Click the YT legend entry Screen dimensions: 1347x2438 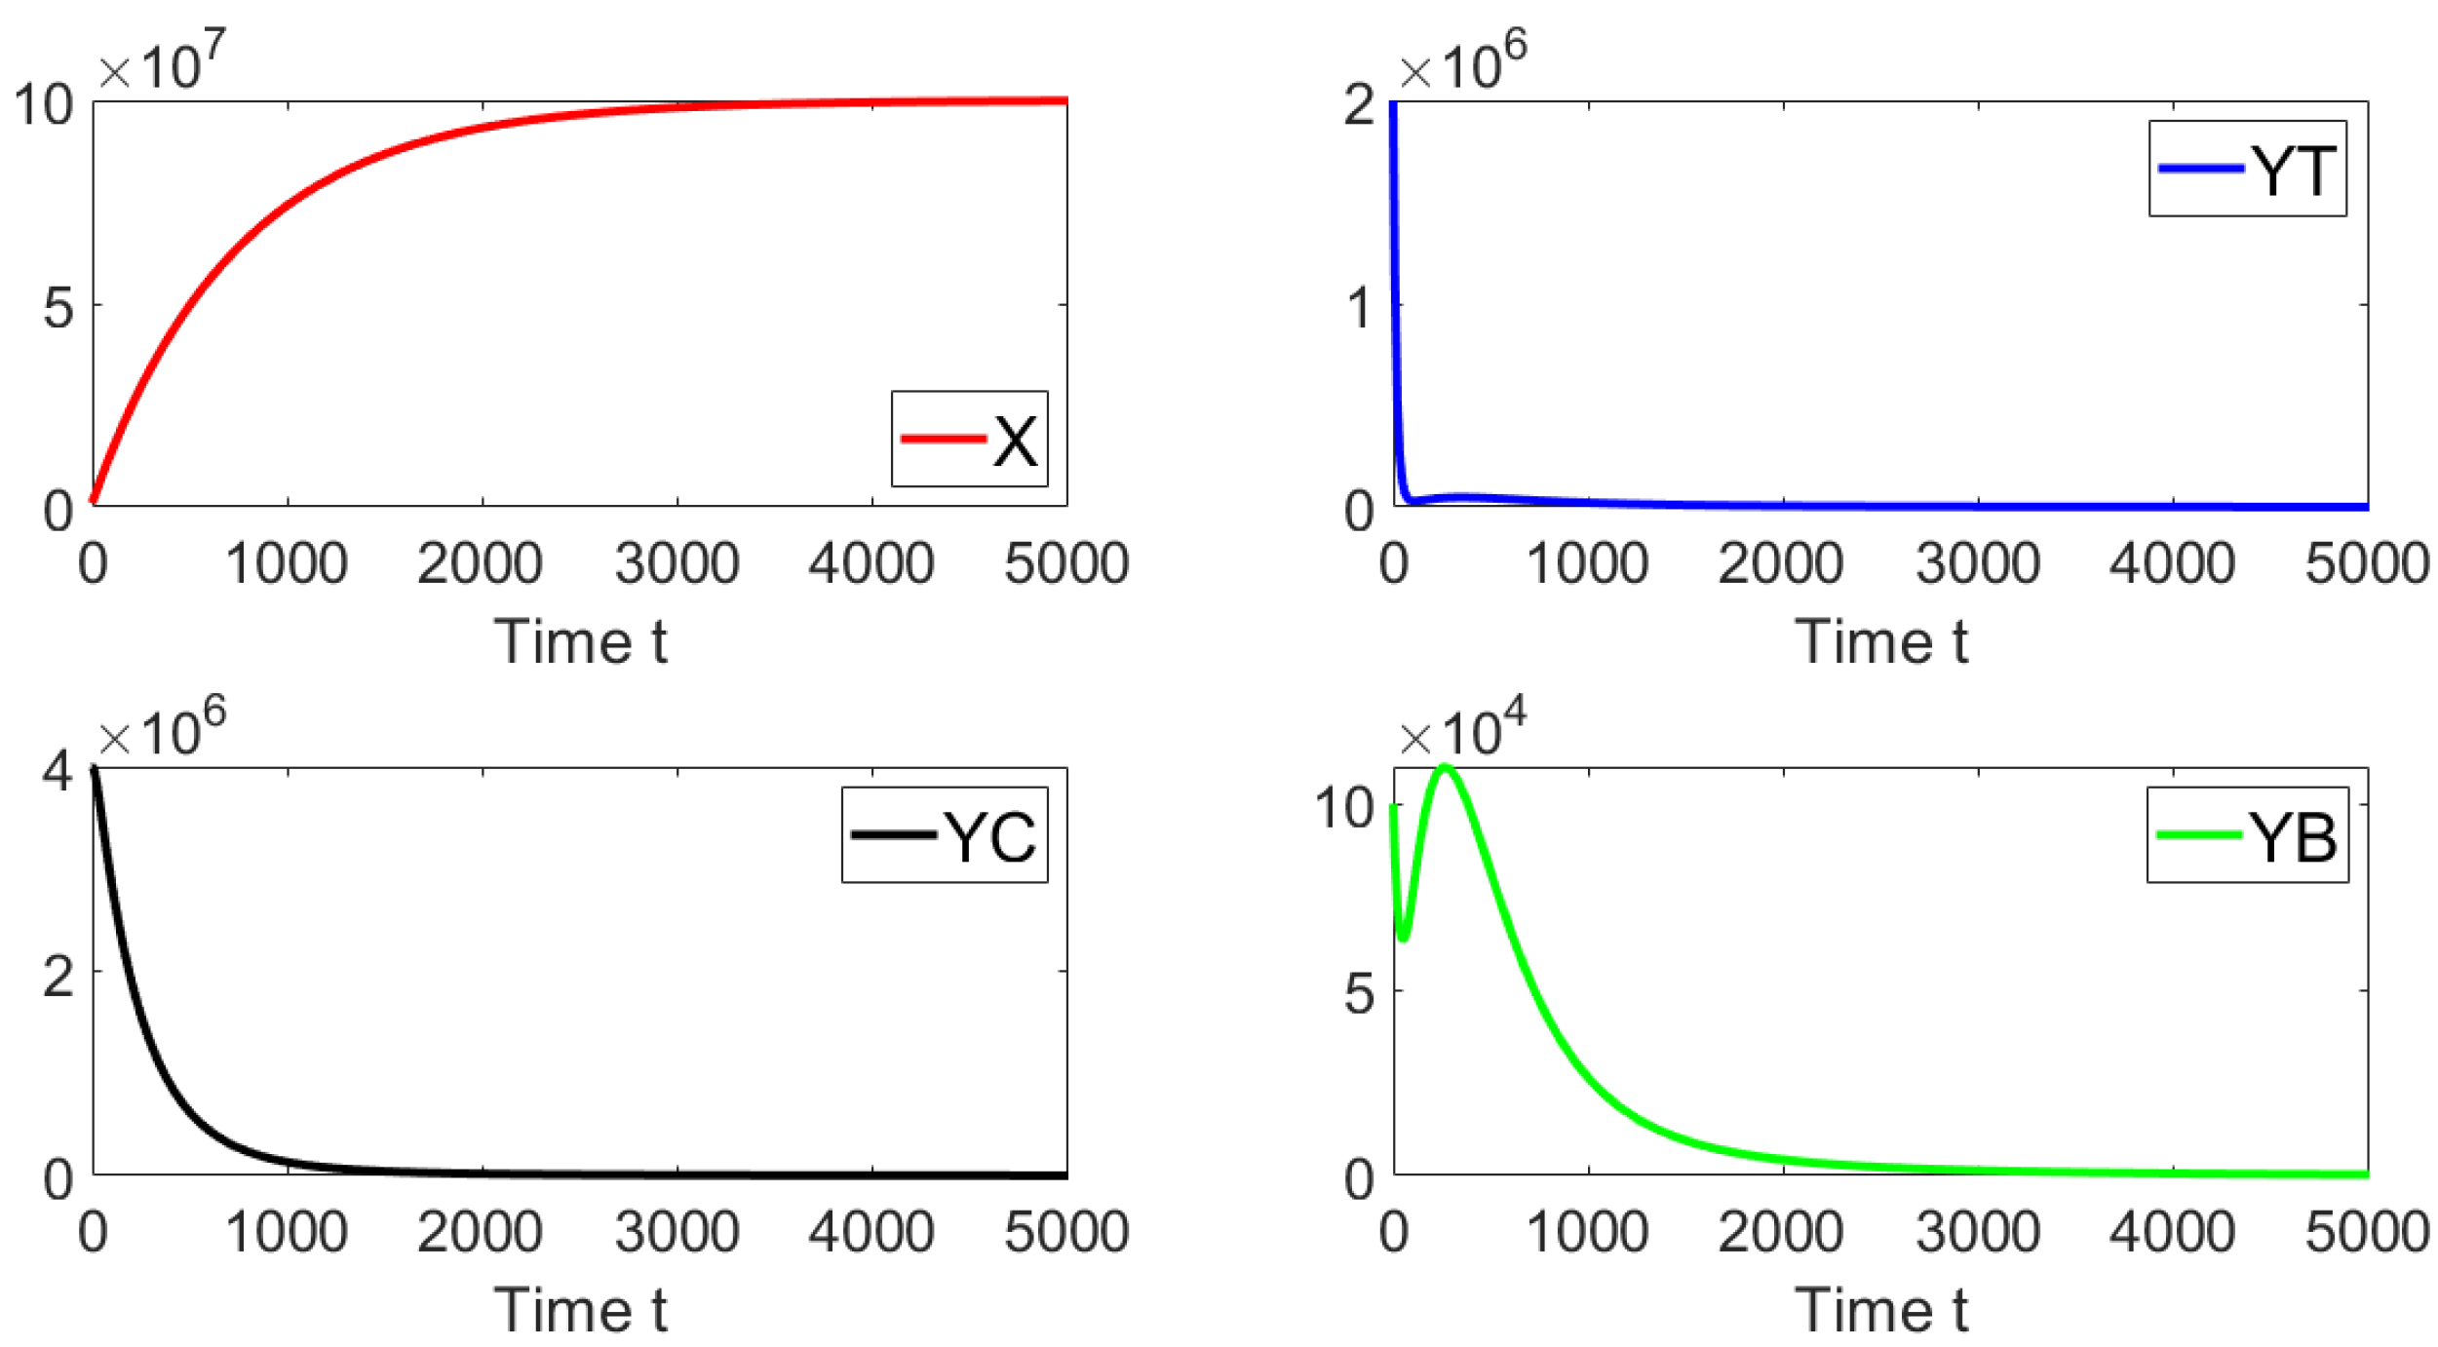pyautogui.click(x=2246, y=170)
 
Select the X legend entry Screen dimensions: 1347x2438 pyautogui.click(x=969, y=440)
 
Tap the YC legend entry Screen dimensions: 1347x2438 pyautogui.click(x=944, y=835)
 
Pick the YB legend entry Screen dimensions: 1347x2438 pyautogui.click(x=2246, y=835)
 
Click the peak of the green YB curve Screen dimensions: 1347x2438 pyautogui.click(x=1445, y=768)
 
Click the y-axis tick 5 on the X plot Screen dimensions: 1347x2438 pyautogui.click(x=58, y=308)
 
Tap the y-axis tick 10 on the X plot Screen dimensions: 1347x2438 pyautogui.click(x=44, y=104)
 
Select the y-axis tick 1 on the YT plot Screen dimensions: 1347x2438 pyautogui.click(x=1359, y=308)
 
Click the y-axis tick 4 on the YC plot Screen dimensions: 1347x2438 pyautogui.click(x=58, y=772)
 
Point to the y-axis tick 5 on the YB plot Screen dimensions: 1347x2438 pyautogui.click(x=1359, y=994)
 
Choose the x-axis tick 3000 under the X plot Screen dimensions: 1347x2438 pyautogui.click(x=677, y=563)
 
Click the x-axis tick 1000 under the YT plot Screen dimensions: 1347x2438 pyautogui.click(x=1587, y=563)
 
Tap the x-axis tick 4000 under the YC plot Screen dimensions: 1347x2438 pyautogui.click(x=871, y=1231)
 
